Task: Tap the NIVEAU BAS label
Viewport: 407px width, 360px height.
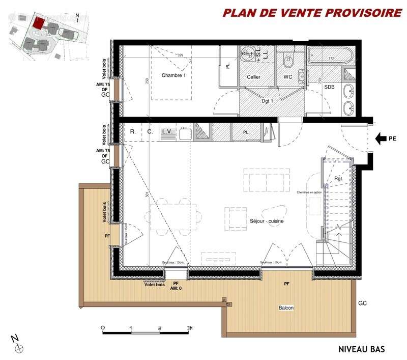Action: coord(362,349)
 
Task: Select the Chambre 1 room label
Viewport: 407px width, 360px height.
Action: coord(174,75)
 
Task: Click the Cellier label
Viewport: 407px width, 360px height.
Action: coord(253,77)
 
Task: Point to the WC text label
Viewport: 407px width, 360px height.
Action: coord(287,77)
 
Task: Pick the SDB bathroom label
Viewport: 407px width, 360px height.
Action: coord(330,87)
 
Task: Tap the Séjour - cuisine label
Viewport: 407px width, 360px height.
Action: coord(267,221)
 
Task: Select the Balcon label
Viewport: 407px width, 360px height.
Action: coord(286,309)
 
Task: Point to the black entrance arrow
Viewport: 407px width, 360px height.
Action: coord(381,137)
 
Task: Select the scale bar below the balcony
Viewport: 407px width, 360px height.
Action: coord(147,330)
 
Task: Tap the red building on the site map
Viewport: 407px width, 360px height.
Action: coord(38,22)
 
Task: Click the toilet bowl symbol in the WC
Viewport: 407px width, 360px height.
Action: coord(287,61)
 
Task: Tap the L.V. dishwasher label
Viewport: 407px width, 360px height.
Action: coord(167,132)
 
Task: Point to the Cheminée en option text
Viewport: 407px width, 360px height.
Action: coord(309,192)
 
